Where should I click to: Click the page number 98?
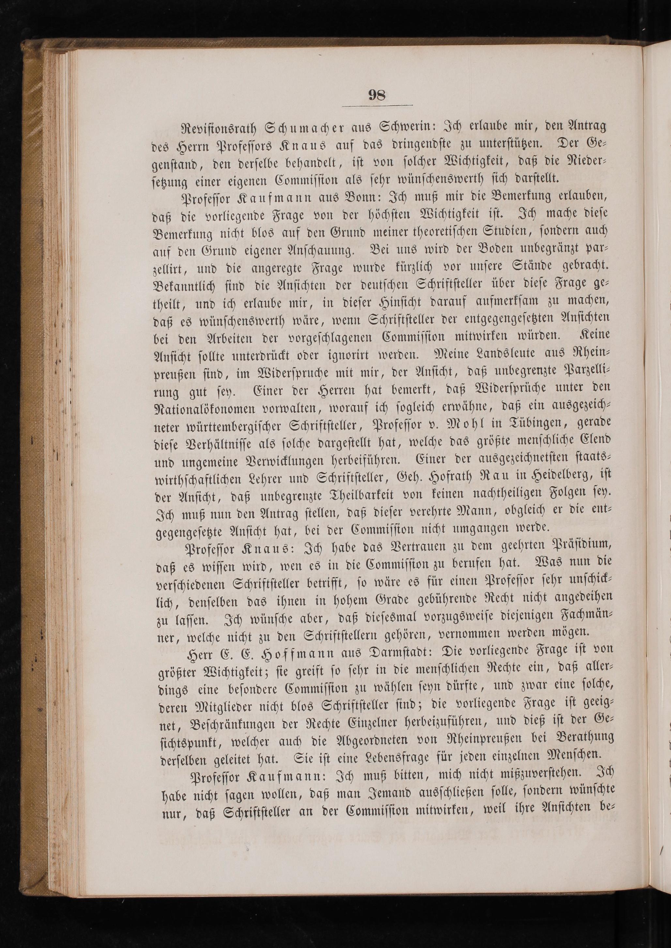coord(376,95)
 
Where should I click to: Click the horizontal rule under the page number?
coord(376,107)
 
